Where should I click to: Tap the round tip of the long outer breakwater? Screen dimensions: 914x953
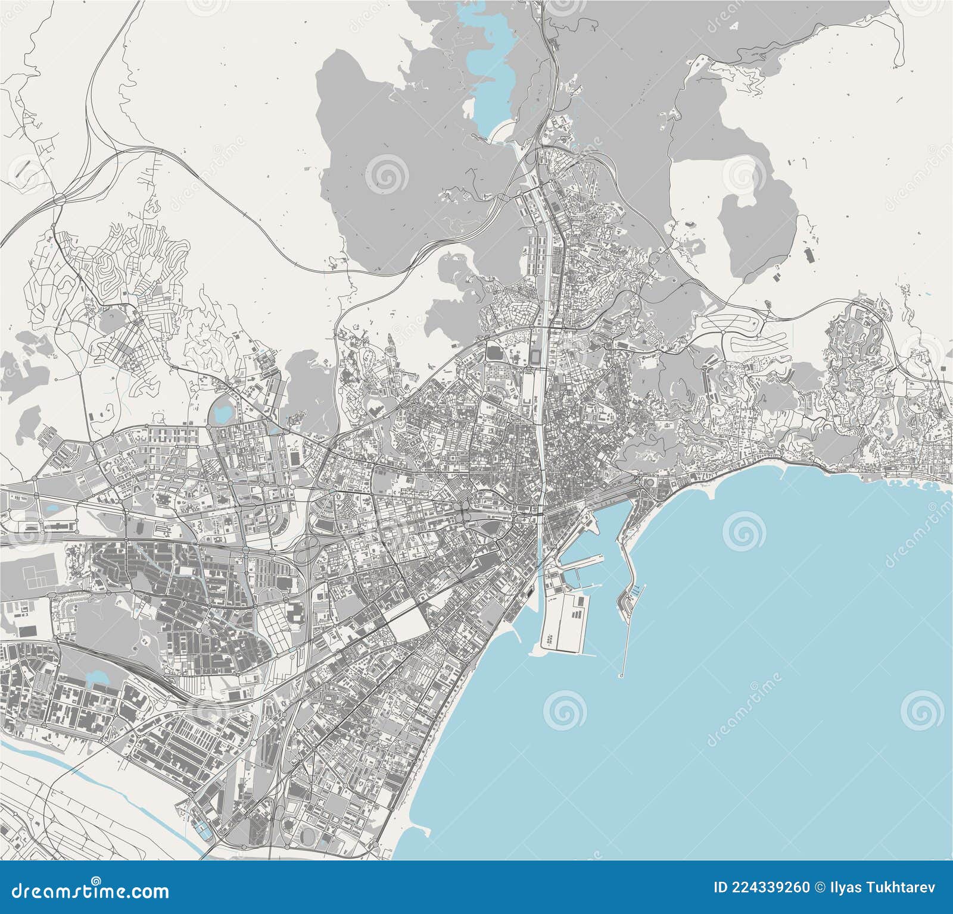pyautogui.click(x=622, y=675)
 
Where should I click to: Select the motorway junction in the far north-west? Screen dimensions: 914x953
pyautogui.click(x=60, y=198)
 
